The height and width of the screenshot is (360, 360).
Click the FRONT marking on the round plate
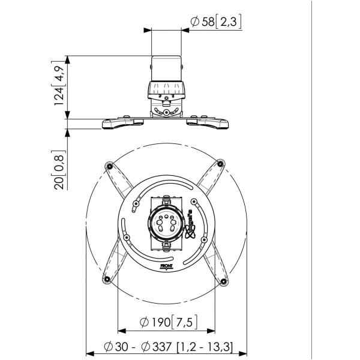tap(167, 265)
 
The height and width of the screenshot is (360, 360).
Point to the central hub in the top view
tap(166, 224)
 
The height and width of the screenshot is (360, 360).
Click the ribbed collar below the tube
tap(167, 91)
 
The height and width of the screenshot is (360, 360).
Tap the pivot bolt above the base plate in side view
tap(167, 112)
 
